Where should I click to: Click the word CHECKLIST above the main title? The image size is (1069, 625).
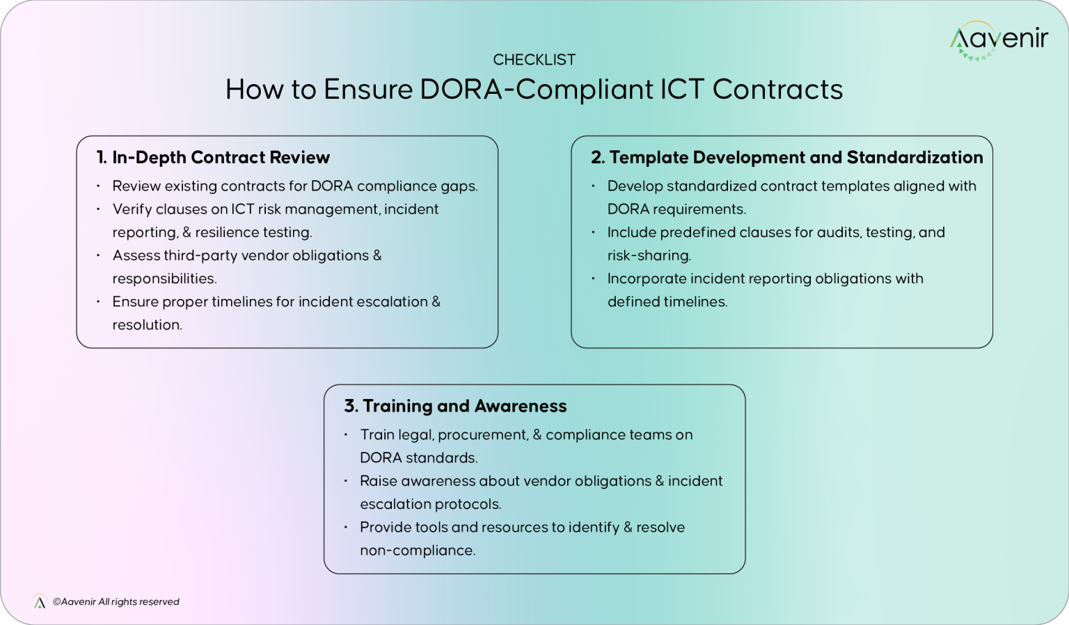[x=534, y=60]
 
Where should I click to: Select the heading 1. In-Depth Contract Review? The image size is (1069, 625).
[x=213, y=158]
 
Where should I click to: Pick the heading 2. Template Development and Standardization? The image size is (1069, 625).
[x=786, y=158]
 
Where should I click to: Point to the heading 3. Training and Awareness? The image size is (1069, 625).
[x=455, y=406]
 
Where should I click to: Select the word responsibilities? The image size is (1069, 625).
[x=164, y=279]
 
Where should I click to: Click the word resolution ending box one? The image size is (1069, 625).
[x=147, y=325]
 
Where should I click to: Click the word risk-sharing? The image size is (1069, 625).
[x=649, y=256]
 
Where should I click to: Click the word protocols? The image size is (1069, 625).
[x=468, y=504]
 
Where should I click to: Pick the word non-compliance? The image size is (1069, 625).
[x=418, y=551]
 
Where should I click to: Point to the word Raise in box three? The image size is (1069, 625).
[x=378, y=481]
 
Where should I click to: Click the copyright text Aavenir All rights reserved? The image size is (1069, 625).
[x=116, y=602]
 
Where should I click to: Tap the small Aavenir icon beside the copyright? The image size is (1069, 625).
[x=39, y=602]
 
